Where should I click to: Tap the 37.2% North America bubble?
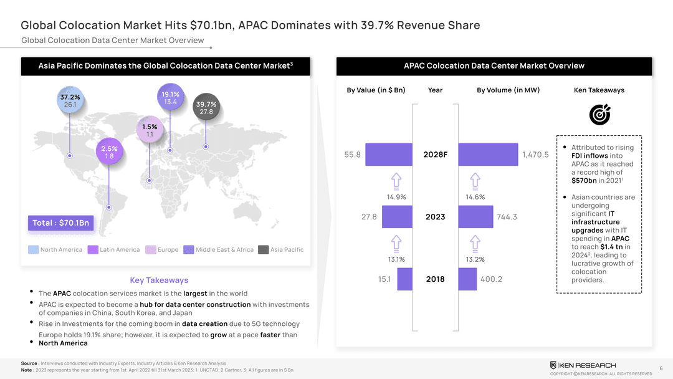coord(70,101)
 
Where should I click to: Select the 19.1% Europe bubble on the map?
coord(171,98)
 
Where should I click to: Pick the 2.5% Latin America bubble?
coord(109,153)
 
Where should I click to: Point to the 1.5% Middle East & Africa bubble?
coord(150,130)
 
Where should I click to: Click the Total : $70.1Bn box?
coord(60,223)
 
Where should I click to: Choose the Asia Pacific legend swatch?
coord(263,250)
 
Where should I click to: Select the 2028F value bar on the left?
coord(389,155)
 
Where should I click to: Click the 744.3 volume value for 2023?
coord(507,217)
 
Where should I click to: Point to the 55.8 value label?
coord(352,155)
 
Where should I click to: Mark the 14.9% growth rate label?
coord(396,197)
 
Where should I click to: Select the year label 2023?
coord(435,217)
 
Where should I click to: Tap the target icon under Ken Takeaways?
coord(599,114)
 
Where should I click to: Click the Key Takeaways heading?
coord(159,280)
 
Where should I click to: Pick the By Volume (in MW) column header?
coord(508,90)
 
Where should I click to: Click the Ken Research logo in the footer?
coord(583,365)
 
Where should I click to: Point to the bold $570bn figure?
coord(585,181)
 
